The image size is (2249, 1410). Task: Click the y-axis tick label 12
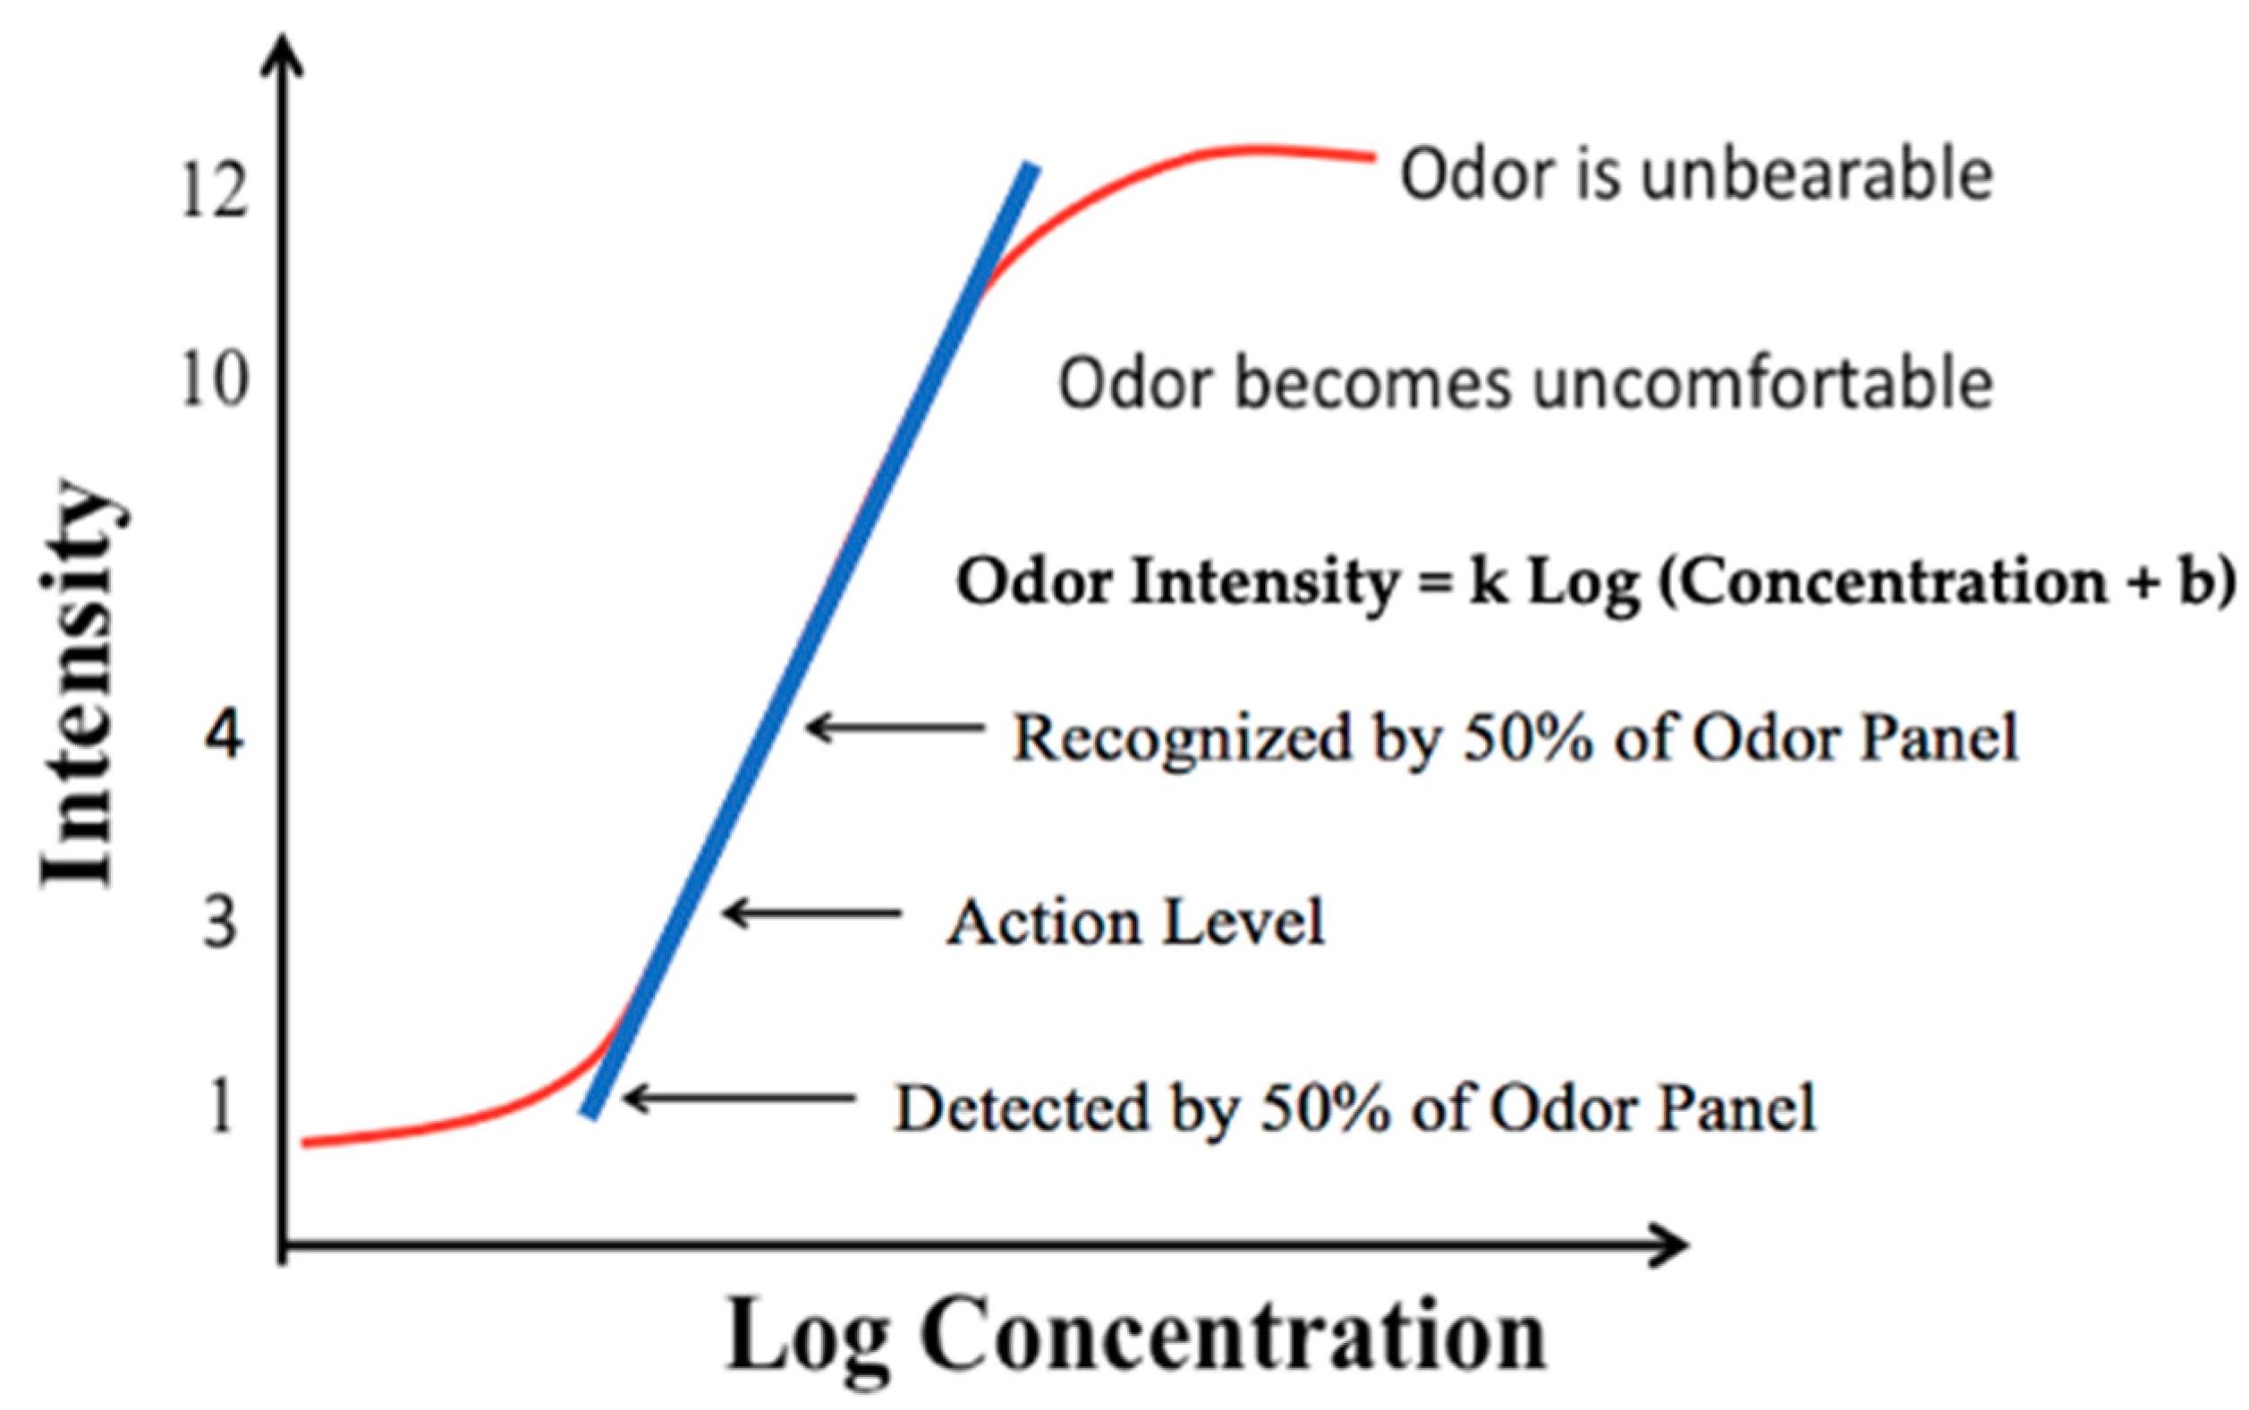215,191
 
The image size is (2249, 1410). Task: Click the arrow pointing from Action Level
811,912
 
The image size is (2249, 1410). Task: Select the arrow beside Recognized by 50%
895,727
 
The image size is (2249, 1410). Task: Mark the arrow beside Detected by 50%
738,1099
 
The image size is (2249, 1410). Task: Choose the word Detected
1021,1108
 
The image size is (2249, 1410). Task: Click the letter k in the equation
1489,582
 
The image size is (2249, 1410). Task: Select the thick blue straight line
810,640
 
